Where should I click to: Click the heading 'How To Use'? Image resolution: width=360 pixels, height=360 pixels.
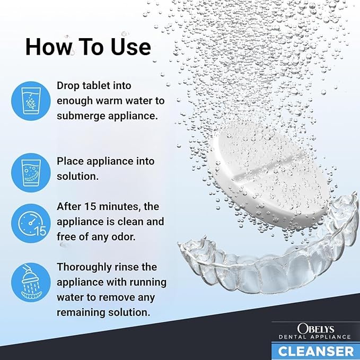[x=88, y=47]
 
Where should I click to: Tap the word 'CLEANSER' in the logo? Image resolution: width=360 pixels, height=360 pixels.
[x=316, y=350]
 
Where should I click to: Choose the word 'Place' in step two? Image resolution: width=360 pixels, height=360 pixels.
[x=69, y=161]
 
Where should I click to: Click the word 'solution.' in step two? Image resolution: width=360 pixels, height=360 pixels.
[x=78, y=177]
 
